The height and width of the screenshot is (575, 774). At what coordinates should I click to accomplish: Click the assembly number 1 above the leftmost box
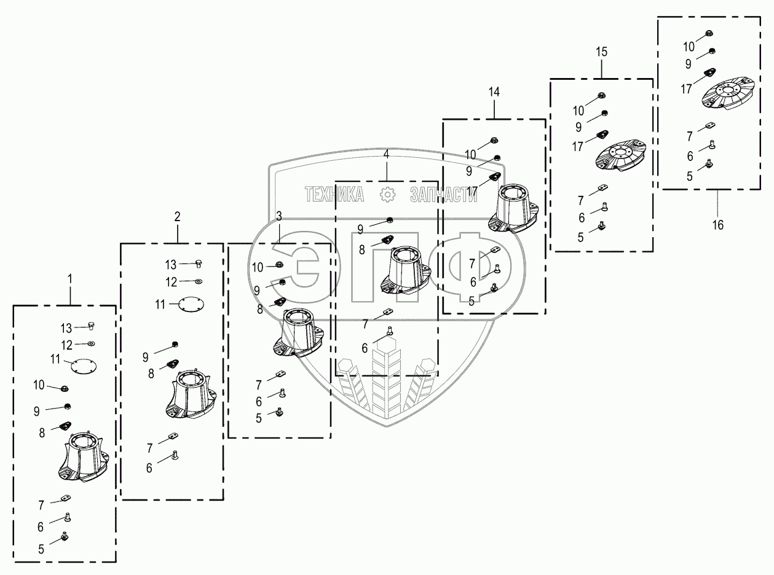69,278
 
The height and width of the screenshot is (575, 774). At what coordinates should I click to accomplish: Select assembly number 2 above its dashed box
177,216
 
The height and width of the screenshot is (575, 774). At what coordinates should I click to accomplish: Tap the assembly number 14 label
494,92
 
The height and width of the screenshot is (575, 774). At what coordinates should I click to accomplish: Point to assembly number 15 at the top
601,52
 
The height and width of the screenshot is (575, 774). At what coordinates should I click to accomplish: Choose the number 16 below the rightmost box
717,225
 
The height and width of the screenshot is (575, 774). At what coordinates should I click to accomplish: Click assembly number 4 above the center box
386,154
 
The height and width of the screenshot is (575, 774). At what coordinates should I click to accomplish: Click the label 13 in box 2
170,265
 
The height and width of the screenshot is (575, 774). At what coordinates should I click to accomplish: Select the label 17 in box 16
687,88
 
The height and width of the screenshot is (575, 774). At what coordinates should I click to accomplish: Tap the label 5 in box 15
580,238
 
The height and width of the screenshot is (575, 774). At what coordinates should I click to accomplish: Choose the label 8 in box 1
42,433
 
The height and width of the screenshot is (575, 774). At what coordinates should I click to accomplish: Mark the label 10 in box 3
258,267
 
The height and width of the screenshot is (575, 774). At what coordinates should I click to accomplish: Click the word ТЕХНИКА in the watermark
334,195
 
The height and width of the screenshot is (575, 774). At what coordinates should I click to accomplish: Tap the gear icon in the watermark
387,195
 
